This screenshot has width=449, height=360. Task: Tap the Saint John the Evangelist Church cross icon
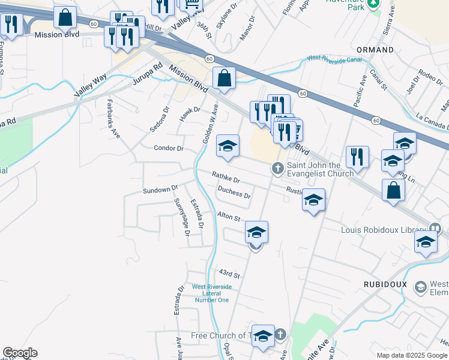tap(277, 169)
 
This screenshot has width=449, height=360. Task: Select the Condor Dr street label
tap(168, 148)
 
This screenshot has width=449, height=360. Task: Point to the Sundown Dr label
tap(160, 190)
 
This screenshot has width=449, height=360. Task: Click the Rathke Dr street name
tap(226, 178)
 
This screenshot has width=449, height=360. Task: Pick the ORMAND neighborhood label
tap(375, 50)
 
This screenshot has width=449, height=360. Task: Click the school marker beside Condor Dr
tap(228, 146)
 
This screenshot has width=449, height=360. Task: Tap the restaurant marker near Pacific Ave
tap(357, 158)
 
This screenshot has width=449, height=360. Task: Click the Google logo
tap(20, 353)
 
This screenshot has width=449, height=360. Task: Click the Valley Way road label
tap(90, 85)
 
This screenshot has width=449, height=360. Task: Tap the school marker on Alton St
tap(256, 232)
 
